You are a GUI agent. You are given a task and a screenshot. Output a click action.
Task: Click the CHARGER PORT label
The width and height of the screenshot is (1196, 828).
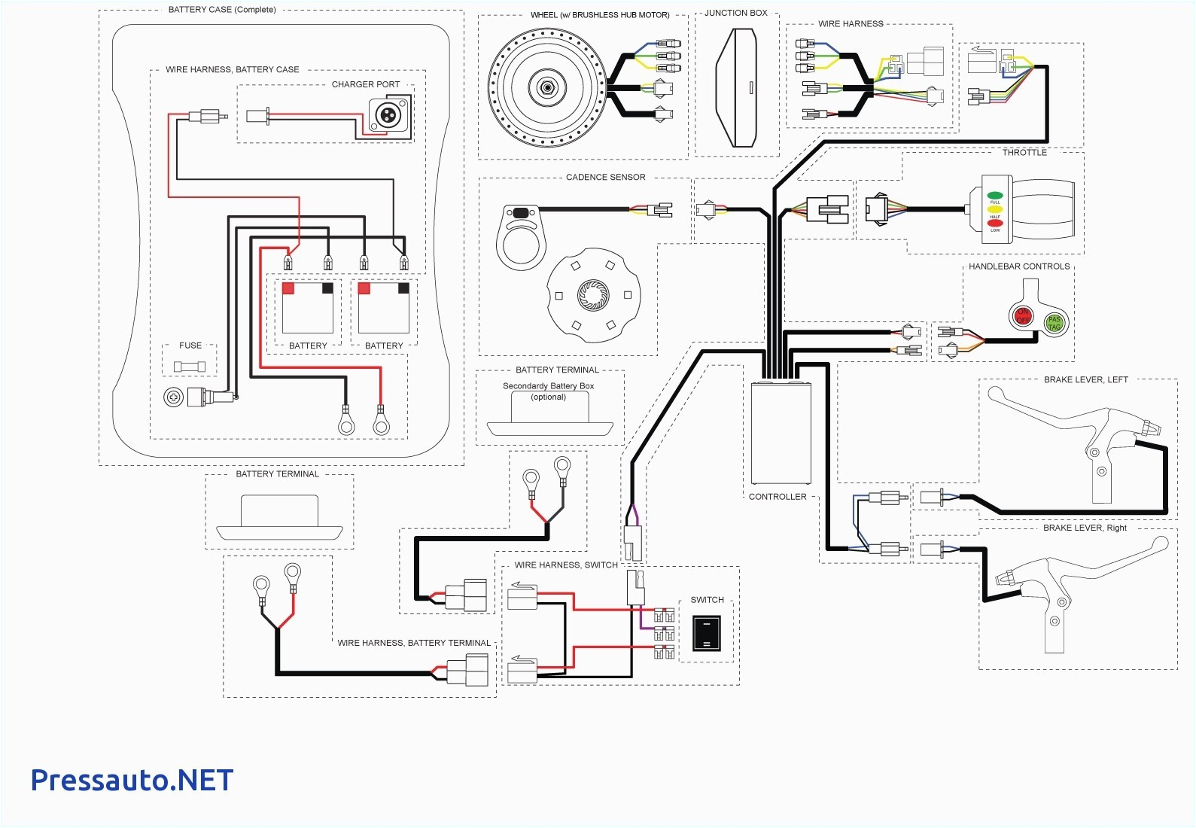[x=366, y=84]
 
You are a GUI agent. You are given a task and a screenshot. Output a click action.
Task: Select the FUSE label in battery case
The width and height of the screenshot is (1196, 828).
[x=190, y=346]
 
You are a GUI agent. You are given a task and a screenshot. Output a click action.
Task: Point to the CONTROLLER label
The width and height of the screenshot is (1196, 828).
[x=778, y=497]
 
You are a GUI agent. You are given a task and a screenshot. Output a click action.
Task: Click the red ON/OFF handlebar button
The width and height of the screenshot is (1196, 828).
[x=1023, y=316]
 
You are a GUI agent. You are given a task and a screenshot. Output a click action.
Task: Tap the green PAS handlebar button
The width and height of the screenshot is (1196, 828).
[x=1054, y=323]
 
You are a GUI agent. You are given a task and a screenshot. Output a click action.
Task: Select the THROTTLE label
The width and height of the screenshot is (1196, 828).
[x=1024, y=152]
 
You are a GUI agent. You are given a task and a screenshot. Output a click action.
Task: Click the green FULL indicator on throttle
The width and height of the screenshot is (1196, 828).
[x=995, y=196]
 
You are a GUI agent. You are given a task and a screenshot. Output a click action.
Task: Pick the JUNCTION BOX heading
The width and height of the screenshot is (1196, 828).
[x=736, y=13]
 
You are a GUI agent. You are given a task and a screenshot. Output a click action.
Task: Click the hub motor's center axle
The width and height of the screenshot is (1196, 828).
[x=547, y=88]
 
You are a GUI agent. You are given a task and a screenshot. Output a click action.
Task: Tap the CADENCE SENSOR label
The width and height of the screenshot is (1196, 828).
[x=605, y=177]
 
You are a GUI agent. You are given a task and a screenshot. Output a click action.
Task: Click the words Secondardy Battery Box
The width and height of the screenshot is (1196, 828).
[x=548, y=386]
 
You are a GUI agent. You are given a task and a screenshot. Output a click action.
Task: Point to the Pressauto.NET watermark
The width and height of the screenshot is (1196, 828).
[x=132, y=781]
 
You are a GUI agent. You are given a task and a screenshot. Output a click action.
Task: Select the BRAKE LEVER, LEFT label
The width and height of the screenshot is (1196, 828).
[x=1085, y=379]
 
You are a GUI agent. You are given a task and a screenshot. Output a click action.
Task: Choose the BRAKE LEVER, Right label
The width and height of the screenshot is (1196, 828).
[x=1085, y=528]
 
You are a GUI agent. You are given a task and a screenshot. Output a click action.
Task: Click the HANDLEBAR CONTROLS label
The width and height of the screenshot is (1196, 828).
[x=1019, y=266]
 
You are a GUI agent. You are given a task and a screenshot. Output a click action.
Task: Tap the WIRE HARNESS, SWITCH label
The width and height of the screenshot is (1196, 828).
[x=566, y=565]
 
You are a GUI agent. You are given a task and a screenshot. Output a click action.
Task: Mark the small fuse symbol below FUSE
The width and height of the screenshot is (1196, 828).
[x=189, y=367]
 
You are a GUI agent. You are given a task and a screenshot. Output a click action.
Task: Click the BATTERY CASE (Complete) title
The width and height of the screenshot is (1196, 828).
[x=222, y=10]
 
